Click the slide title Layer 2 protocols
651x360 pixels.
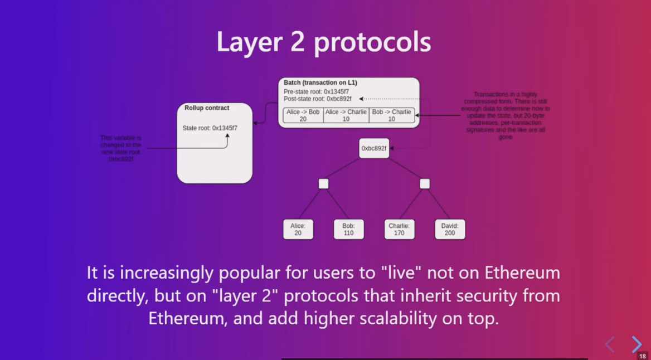[x=324, y=43]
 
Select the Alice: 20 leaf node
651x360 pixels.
[x=298, y=229]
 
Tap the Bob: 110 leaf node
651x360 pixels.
[x=349, y=229]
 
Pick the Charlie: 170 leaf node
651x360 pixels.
[x=399, y=229]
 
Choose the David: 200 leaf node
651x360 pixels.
[x=450, y=229]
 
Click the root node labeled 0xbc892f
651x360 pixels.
[x=374, y=148]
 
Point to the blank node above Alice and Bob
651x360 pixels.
[x=323, y=184]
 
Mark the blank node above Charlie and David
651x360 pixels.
[x=425, y=184]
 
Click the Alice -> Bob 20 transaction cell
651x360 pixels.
[x=303, y=115]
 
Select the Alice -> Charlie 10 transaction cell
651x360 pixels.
[x=346, y=115]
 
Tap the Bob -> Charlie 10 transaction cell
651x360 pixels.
[x=391, y=115]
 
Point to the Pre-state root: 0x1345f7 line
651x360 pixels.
[x=317, y=91]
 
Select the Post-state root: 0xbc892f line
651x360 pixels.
[x=318, y=99]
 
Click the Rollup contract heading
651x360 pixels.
[x=207, y=108]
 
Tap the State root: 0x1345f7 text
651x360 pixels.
[x=210, y=128]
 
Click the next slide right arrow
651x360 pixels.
[x=636, y=344]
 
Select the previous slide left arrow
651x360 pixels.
[x=610, y=344]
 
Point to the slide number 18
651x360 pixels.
[x=642, y=356]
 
